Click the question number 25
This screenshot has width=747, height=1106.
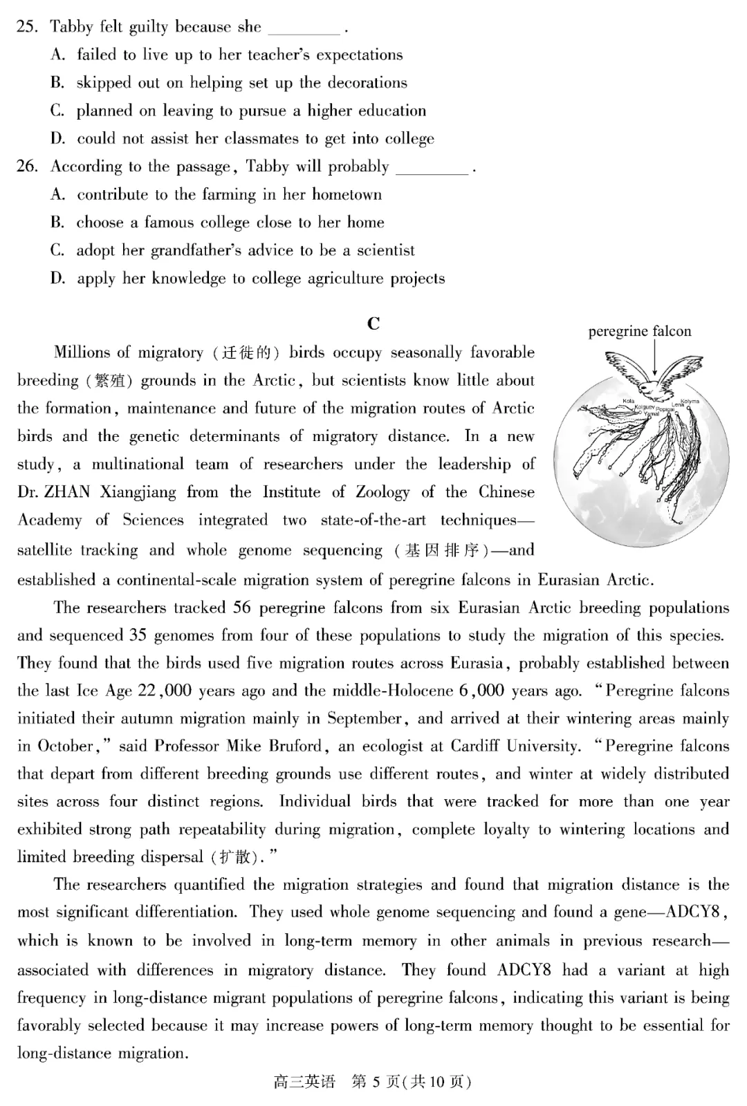click(26, 28)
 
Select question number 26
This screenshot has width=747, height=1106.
click(26, 167)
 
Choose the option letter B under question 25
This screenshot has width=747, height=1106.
click(57, 83)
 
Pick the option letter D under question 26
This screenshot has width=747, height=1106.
click(57, 279)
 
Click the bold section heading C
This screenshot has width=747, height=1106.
click(373, 324)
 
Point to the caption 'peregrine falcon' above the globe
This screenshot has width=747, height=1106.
click(640, 331)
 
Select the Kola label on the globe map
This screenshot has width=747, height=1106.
click(628, 401)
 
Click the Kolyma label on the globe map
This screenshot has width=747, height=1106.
click(690, 401)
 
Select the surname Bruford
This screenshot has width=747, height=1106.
click(295, 746)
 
